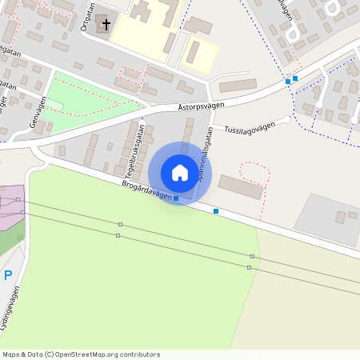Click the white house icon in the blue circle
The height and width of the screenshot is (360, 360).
180,173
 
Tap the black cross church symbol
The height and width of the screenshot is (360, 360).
105,23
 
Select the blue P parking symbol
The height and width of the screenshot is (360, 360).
8,275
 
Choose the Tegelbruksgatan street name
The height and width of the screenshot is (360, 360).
133,150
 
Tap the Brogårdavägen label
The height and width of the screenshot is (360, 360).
147,189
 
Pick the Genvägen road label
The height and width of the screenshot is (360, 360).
37,114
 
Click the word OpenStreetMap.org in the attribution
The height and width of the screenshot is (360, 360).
94,354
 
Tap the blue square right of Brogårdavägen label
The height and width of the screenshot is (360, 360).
216,211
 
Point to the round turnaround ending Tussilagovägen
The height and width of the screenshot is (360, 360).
287,119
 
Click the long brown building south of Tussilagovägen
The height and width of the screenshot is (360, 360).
240,187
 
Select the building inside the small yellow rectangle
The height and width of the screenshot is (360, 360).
194,53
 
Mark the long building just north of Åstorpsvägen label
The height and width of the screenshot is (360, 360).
238,86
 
